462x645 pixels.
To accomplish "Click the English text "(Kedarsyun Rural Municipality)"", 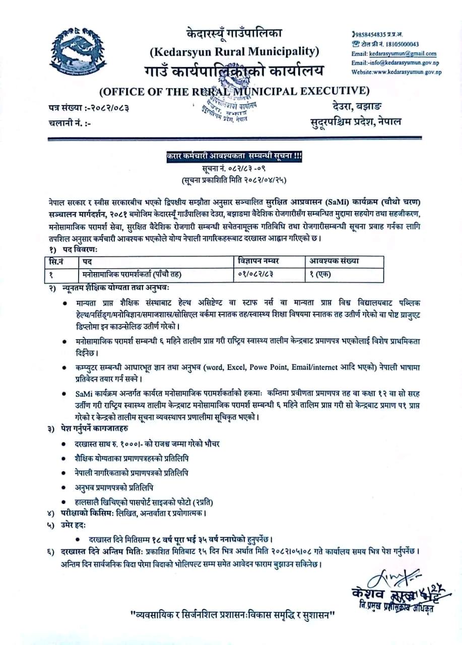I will [x=234, y=51].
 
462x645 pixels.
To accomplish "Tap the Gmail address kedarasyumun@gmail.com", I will [x=401, y=53].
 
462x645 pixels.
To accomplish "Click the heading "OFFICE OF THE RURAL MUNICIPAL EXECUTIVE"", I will [x=234, y=91].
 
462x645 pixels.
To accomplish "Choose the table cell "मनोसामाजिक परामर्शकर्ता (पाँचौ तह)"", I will [x=132, y=274].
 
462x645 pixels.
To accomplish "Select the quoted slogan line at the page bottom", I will [x=233, y=615].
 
